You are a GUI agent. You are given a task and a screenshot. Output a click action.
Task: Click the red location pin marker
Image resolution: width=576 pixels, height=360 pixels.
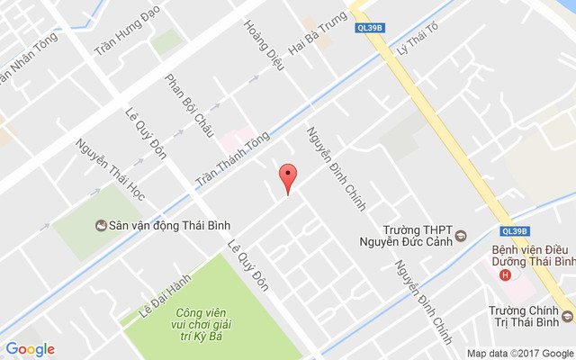(x=287, y=177)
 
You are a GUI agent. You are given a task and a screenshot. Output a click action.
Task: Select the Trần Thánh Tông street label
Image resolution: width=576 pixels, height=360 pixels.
(x=233, y=158)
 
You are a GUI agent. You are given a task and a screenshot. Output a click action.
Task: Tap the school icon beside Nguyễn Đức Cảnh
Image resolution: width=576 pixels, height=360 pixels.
(x=461, y=237)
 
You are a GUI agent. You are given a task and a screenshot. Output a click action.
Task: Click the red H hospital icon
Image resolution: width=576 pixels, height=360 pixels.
(x=505, y=274)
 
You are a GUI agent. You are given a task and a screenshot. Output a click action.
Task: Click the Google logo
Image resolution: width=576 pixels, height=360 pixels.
(x=31, y=349)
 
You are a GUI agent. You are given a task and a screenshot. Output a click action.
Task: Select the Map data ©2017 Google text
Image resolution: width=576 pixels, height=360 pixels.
(x=518, y=352)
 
